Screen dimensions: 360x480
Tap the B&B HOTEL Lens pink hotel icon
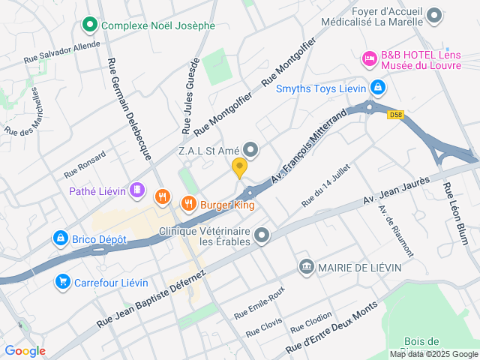pos(369,57)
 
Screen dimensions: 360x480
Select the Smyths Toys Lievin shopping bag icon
pos(377,88)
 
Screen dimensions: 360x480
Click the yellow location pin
pos(240,168)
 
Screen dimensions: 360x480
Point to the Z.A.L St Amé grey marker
pos(250,151)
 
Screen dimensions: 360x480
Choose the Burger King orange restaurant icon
pos(188,203)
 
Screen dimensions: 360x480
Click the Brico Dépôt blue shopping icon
pos(60,239)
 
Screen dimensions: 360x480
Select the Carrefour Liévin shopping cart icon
pos(64,282)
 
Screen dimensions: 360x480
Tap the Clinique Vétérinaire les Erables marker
pos(262,237)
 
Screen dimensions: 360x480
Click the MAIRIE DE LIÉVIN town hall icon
pos(306,267)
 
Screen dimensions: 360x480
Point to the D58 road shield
pos(396,115)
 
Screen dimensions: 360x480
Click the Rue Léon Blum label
pos(455,214)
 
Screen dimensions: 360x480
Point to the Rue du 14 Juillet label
pos(325,185)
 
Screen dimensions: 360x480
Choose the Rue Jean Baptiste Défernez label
pos(150,298)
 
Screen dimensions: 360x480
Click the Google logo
pos(25,350)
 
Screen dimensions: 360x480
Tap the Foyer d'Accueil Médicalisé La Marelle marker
pos(433,16)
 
